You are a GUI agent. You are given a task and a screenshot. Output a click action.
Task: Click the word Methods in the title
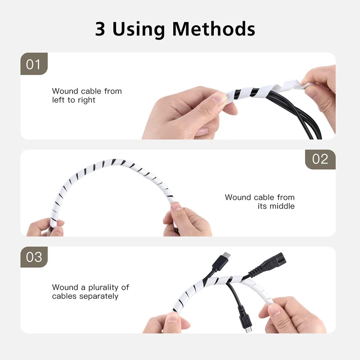pos(213,29)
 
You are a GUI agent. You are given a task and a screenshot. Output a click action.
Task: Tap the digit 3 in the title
pos(100,29)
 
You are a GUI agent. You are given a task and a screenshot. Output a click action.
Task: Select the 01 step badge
pos(34,63)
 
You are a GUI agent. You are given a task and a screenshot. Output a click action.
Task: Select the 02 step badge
pos(320,159)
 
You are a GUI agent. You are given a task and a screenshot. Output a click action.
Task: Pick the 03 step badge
pos(34,257)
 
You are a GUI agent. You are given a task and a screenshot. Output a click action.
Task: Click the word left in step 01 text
pos(58,100)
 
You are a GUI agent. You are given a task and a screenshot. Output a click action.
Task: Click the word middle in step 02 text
pos(282,206)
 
